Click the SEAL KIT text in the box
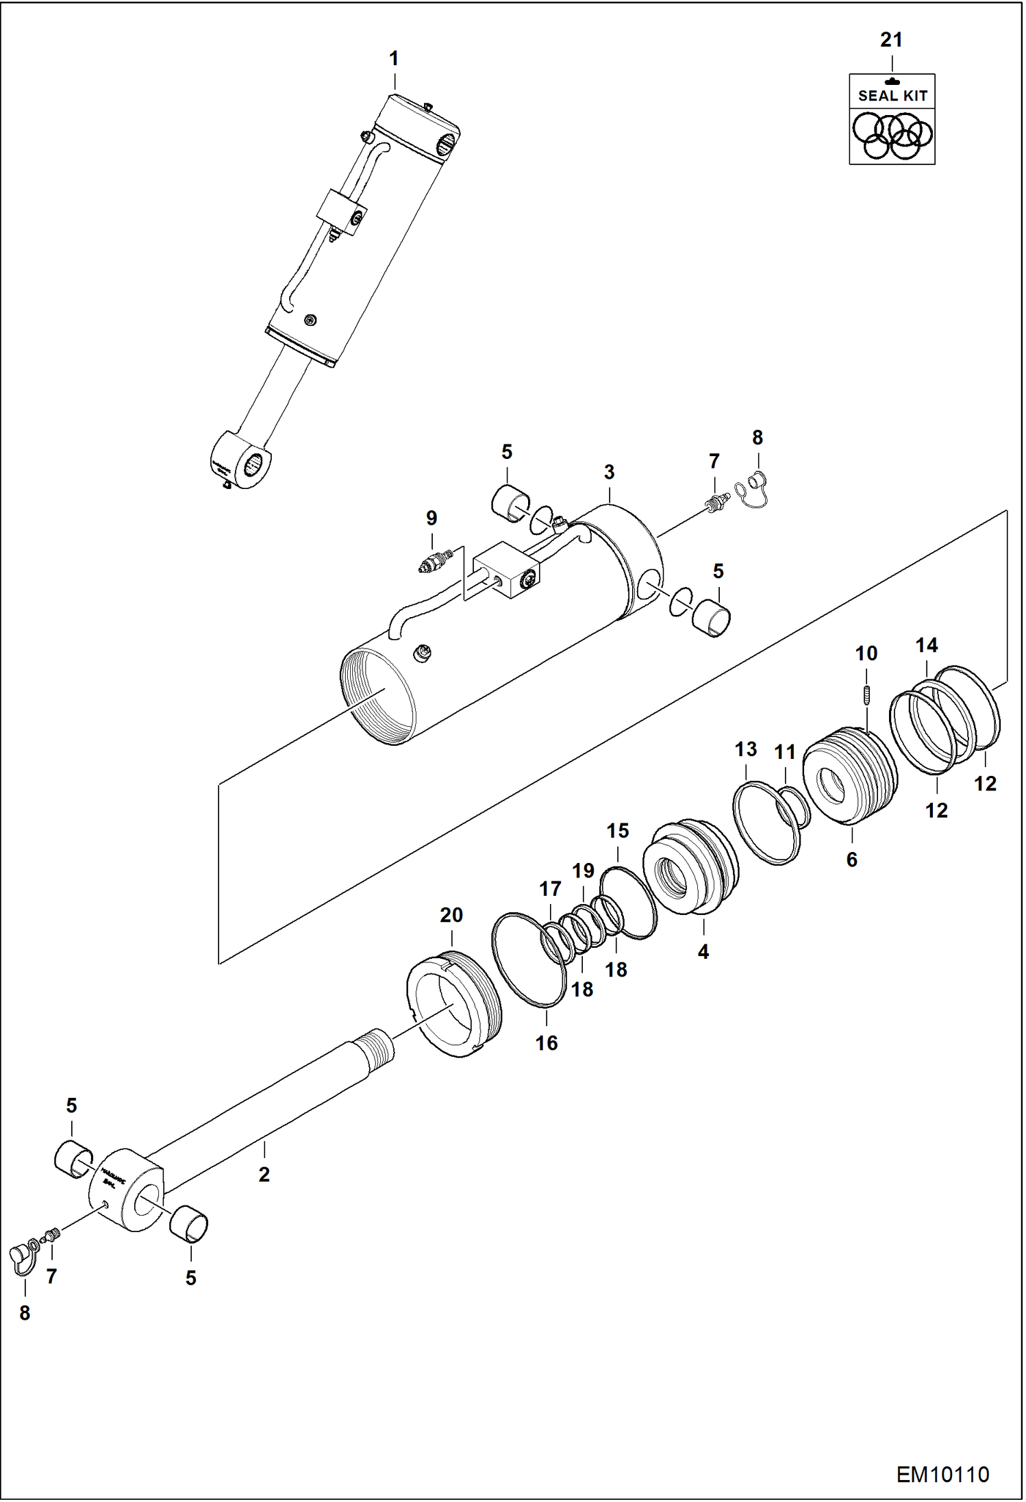[x=892, y=96]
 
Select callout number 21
[x=891, y=40]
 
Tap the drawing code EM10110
[x=942, y=1474]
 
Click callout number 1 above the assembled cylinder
[x=394, y=59]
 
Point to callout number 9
[x=431, y=518]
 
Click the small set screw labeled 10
[x=866, y=694]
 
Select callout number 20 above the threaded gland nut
[x=451, y=915]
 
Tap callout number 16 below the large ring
[x=547, y=1043]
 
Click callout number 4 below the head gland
[x=703, y=951]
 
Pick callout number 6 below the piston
[x=852, y=860]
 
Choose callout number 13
[x=746, y=749]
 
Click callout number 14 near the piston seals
[x=927, y=645]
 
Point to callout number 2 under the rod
[x=264, y=1175]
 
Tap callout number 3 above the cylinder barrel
[x=609, y=472]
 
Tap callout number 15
[x=618, y=831]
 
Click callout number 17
[x=550, y=889]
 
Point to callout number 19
[x=583, y=871]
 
